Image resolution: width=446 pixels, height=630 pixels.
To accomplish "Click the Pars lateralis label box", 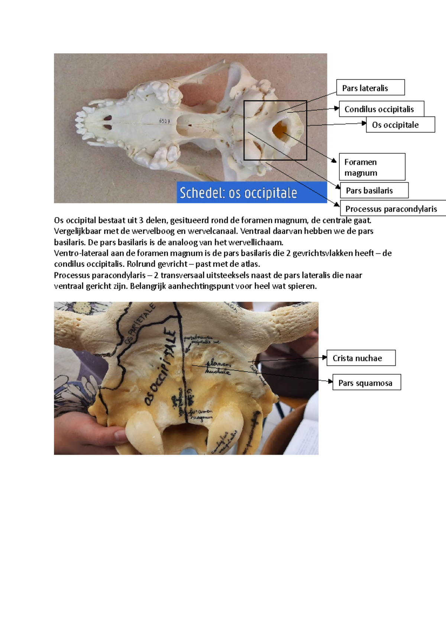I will click(x=370, y=88).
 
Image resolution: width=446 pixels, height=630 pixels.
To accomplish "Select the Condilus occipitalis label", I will click(x=381, y=109).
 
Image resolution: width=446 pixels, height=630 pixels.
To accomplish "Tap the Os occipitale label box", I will click(x=400, y=125).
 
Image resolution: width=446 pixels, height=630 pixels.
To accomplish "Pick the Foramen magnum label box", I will click(x=372, y=167).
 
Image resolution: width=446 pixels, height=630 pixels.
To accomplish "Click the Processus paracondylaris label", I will click(x=392, y=209).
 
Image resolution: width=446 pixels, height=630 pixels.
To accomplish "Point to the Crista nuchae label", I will click(x=361, y=358).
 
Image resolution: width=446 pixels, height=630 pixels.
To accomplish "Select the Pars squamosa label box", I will click(x=366, y=383).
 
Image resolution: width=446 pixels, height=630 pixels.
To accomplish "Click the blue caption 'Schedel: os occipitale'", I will click(x=238, y=193).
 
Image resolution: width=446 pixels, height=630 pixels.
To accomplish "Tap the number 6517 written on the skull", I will click(x=164, y=121).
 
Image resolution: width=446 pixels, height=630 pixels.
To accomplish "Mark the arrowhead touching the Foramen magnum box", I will click(x=334, y=161).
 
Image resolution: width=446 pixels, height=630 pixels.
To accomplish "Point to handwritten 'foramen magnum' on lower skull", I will click(x=201, y=415).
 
